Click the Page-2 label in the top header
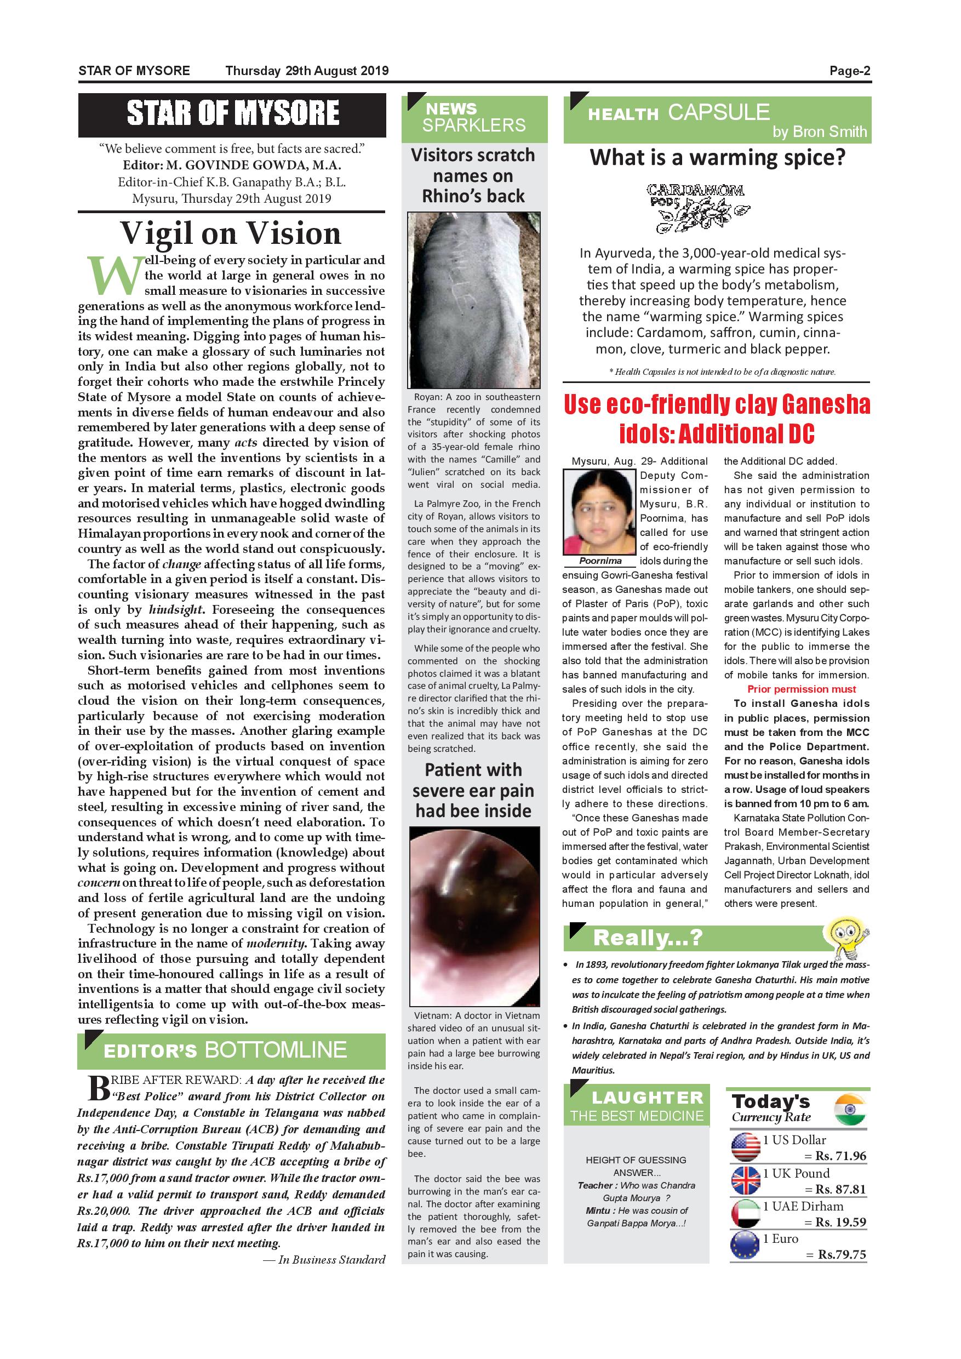point(849,71)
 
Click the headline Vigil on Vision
point(231,232)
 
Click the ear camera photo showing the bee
point(474,917)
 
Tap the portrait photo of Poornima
point(600,511)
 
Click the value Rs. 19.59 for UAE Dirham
point(840,1222)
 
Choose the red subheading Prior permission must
point(801,689)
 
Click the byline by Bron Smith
point(819,132)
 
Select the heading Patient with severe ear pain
point(473,790)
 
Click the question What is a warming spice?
point(717,158)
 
